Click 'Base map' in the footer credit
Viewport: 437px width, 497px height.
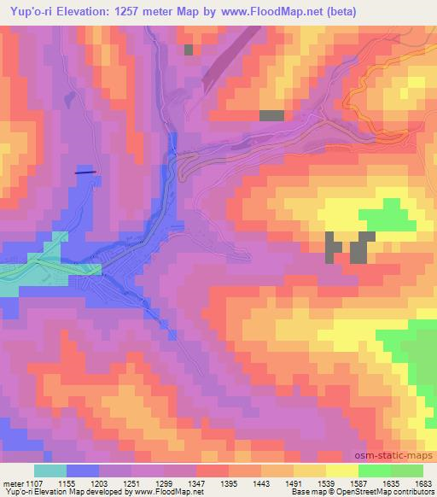[x=301, y=493]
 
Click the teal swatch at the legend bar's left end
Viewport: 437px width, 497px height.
[x=50, y=471]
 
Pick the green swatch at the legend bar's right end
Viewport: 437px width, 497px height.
[x=406, y=471]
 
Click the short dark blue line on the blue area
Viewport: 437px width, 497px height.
[x=85, y=172]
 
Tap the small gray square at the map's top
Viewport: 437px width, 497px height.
[x=188, y=49]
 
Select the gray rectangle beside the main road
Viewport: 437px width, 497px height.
[x=271, y=115]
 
